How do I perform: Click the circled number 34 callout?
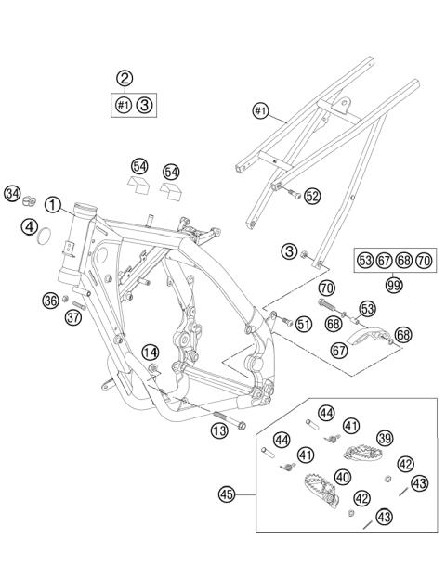[12, 194]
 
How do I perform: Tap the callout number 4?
[31, 225]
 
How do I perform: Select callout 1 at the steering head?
[54, 204]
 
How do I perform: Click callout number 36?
[51, 299]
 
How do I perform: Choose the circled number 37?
[73, 318]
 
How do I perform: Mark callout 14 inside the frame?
[150, 352]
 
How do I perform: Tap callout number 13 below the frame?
[218, 430]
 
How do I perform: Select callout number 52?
[312, 196]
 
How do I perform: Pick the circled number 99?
[394, 285]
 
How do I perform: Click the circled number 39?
[384, 438]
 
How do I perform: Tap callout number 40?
[343, 476]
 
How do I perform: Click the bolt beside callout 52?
[293, 195]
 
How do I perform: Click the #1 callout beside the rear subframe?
[259, 113]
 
